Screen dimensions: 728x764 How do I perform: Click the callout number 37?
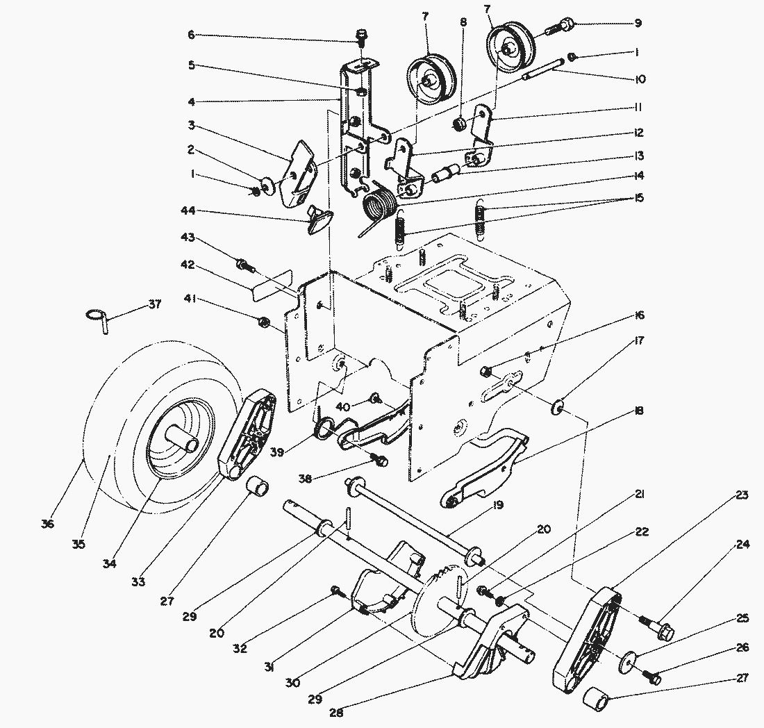154,305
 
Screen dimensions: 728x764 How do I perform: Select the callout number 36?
47,524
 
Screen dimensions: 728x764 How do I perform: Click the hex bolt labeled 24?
657,631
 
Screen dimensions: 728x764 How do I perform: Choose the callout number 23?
742,496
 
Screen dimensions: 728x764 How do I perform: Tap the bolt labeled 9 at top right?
560,28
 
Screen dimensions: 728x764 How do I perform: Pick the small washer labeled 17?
558,406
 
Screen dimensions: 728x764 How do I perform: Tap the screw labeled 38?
379,460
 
